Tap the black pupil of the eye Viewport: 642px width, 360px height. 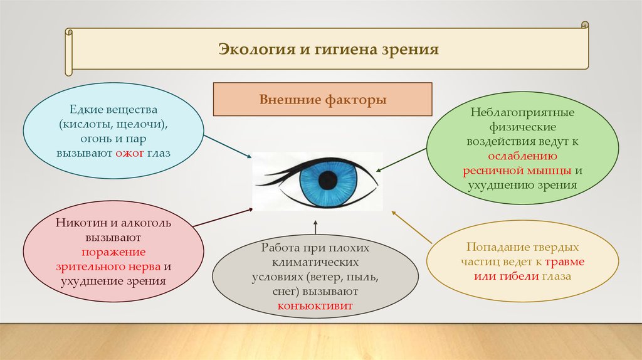(x=327, y=181)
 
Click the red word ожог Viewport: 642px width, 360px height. (x=130, y=153)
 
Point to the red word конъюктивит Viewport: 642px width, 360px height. (x=315, y=306)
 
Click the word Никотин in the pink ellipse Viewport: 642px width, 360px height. (x=82, y=223)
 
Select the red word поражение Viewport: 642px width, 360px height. (x=113, y=252)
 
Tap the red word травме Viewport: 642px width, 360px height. (x=565, y=262)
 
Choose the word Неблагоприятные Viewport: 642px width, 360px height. (x=522, y=112)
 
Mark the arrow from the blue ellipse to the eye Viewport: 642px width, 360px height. (x=228, y=146)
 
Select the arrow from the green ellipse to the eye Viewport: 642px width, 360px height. (x=401, y=160)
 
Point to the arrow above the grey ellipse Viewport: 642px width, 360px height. (x=315, y=227)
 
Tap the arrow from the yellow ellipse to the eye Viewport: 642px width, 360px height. (x=412, y=227)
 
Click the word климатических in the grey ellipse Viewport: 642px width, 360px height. (x=315, y=262)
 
